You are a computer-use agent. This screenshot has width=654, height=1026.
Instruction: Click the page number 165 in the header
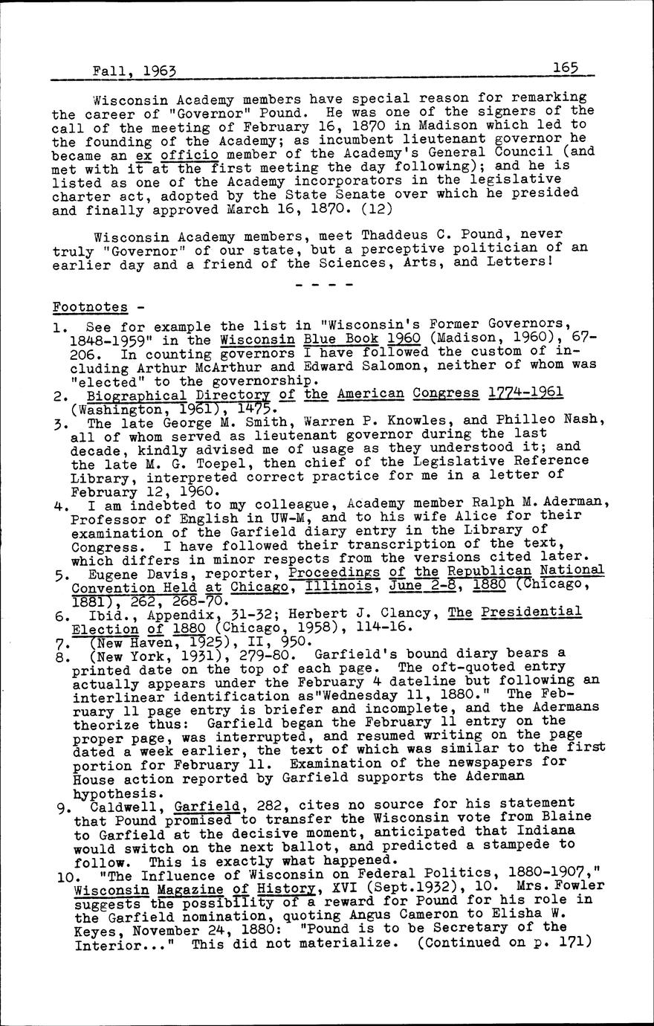566,68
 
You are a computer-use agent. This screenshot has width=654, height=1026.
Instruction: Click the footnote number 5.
59,575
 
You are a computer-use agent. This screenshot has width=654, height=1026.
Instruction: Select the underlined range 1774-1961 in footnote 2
527,393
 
